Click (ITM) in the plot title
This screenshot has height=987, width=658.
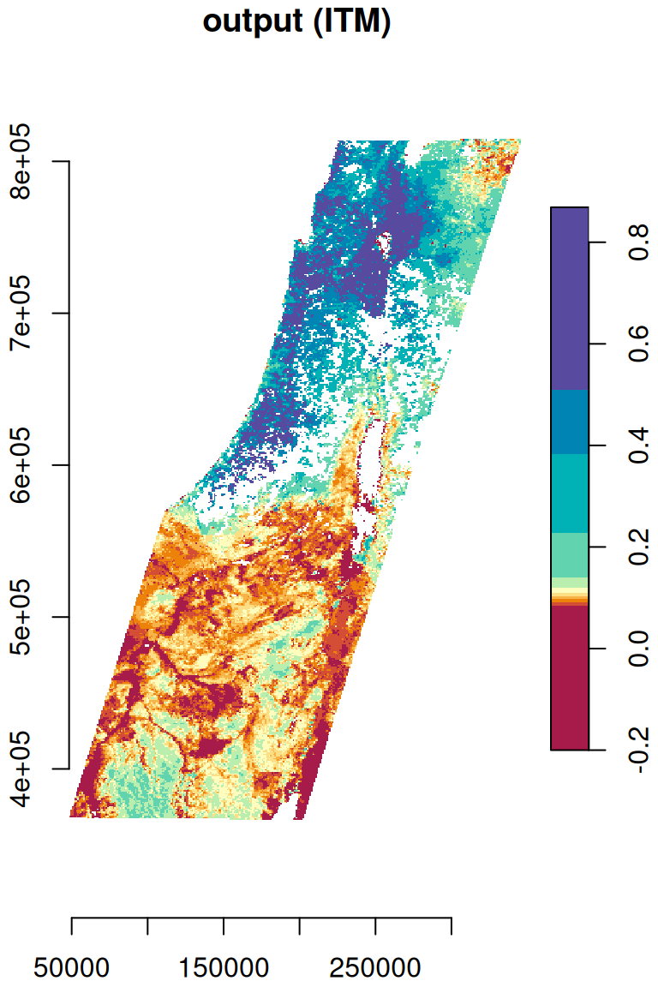351,23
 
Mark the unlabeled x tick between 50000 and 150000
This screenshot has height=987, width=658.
147,925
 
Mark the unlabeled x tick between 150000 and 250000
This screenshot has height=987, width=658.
300,925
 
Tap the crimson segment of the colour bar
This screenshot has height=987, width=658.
569,677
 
